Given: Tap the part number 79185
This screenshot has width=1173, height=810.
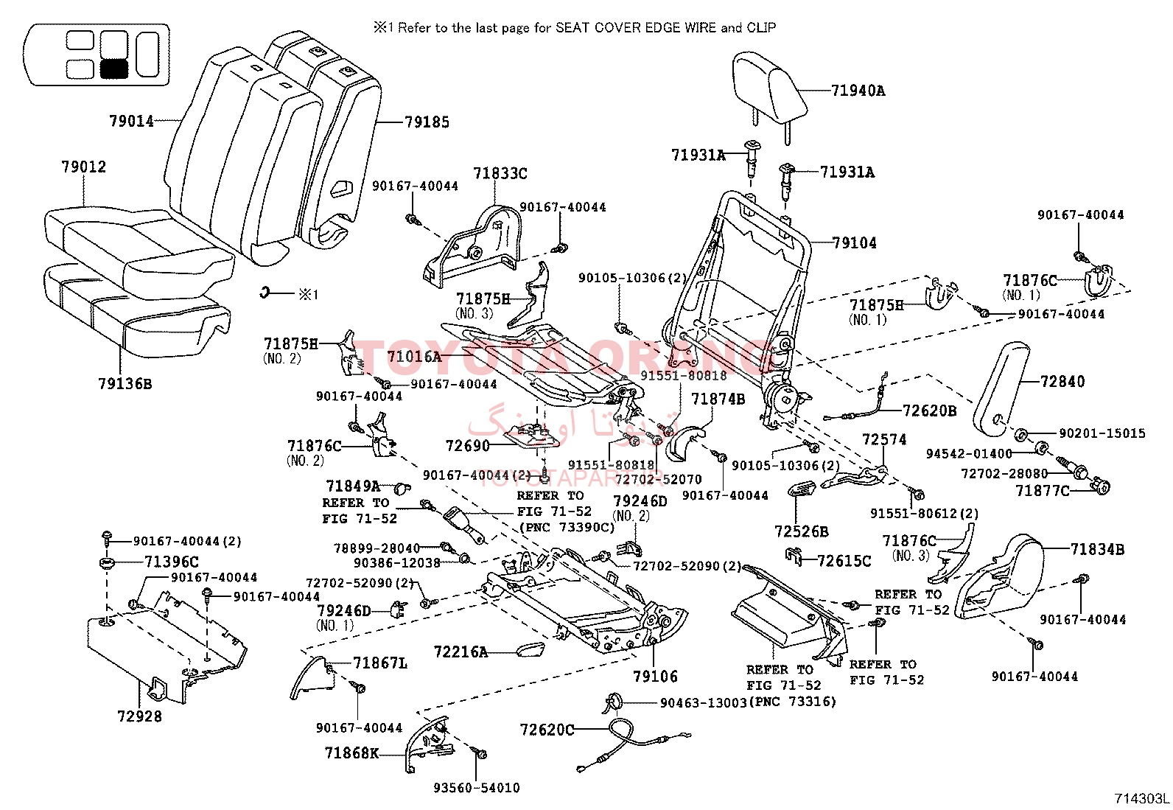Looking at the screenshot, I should pos(427,122).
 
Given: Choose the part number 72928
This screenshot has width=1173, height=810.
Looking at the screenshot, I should pos(139,716).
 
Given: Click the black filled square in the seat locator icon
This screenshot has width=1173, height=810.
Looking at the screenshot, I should pos(114,69).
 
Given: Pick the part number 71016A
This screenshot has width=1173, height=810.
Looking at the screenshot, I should pos(413,357).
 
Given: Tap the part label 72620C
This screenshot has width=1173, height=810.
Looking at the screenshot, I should pos(547,730).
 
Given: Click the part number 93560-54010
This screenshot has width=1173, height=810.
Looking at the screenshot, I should pos(476,788).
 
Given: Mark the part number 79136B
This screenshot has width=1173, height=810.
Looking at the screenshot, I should pos(125,383).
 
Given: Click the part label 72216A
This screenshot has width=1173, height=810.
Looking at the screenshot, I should pos(461,652).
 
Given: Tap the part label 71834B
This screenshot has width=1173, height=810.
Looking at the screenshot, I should pos(1097,548).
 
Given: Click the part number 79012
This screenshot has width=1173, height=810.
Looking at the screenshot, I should pos(83,167).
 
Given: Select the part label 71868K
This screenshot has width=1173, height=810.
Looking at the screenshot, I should pos(351,753).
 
